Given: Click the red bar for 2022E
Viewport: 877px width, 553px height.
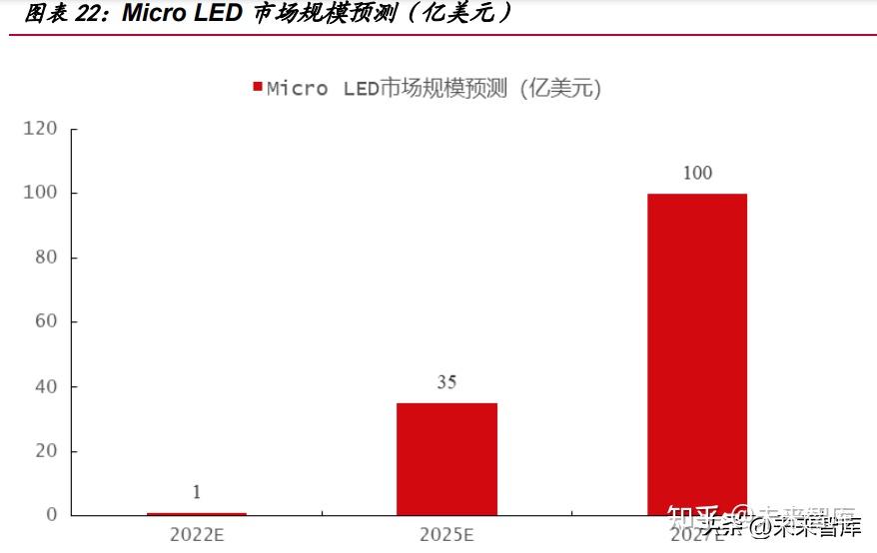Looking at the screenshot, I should [197, 513].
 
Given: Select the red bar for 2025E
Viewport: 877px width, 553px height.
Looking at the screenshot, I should [446, 459].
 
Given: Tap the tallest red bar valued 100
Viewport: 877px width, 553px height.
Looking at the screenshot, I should [696, 354].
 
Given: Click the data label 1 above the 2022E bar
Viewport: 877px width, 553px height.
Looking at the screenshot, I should [197, 491].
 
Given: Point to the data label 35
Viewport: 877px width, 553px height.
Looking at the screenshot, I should [446, 381].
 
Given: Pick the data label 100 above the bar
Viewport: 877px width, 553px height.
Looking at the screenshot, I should [696, 173].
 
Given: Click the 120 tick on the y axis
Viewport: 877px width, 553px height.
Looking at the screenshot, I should [41, 128].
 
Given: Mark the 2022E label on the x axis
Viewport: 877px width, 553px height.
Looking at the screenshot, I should [197, 534].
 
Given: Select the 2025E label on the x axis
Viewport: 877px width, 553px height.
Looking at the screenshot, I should [446, 534].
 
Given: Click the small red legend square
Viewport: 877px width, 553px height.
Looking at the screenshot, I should [257, 87].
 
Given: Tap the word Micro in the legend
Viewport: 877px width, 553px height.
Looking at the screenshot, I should [297, 88].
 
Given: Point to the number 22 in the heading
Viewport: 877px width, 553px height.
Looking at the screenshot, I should [88, 13].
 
